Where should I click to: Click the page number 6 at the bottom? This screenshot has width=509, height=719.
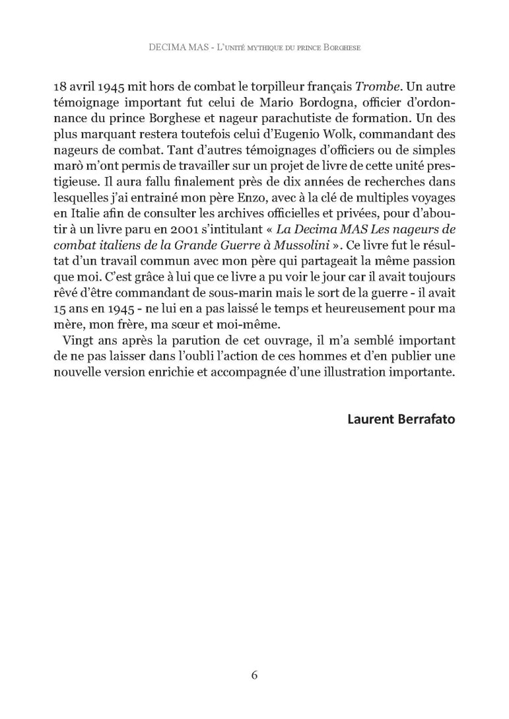tap(254, 675)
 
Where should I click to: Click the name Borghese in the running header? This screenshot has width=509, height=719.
tap(344, 48)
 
